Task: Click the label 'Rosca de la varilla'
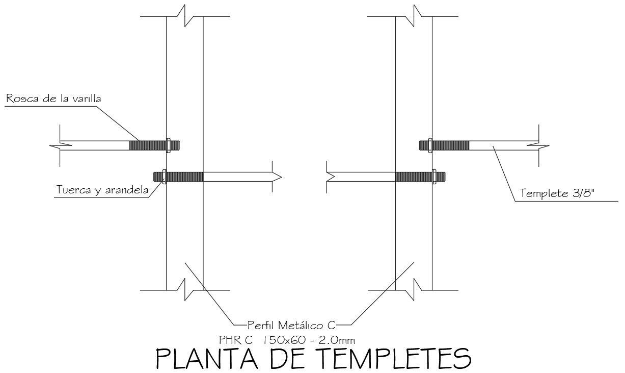[53, 98]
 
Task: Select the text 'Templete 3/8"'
[557, 193]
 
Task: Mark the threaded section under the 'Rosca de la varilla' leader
[148, 145]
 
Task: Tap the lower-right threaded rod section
[414, 177]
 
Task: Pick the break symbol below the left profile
[185, 290]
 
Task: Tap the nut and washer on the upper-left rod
[168, 145]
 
